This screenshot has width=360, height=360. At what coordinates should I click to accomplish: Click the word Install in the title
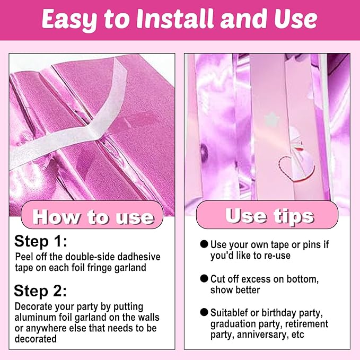(x=175, y=19)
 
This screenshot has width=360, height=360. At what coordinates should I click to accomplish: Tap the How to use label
(x=93, y=217)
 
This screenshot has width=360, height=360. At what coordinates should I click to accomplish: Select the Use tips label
(x=269, y=216)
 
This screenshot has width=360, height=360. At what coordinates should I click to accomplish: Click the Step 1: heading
(x=41, y=242)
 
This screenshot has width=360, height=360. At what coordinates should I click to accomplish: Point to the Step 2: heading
(x=40, y=291)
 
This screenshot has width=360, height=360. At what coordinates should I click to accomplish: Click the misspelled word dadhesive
(x=139, y=257)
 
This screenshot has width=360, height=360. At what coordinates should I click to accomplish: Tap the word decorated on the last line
(x=36, y=339)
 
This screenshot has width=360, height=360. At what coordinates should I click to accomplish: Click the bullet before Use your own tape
(x=204, y=244)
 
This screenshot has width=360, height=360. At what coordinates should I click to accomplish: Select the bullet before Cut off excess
(x=204, y=278)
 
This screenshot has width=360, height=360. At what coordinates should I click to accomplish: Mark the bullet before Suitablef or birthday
(x=204, y=312)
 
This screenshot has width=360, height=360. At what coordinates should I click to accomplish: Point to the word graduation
(x=233, y=324)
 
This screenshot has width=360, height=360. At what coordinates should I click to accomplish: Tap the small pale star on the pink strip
(x=272, y=119)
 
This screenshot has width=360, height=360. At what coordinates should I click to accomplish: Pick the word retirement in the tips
(x=307, y=324)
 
